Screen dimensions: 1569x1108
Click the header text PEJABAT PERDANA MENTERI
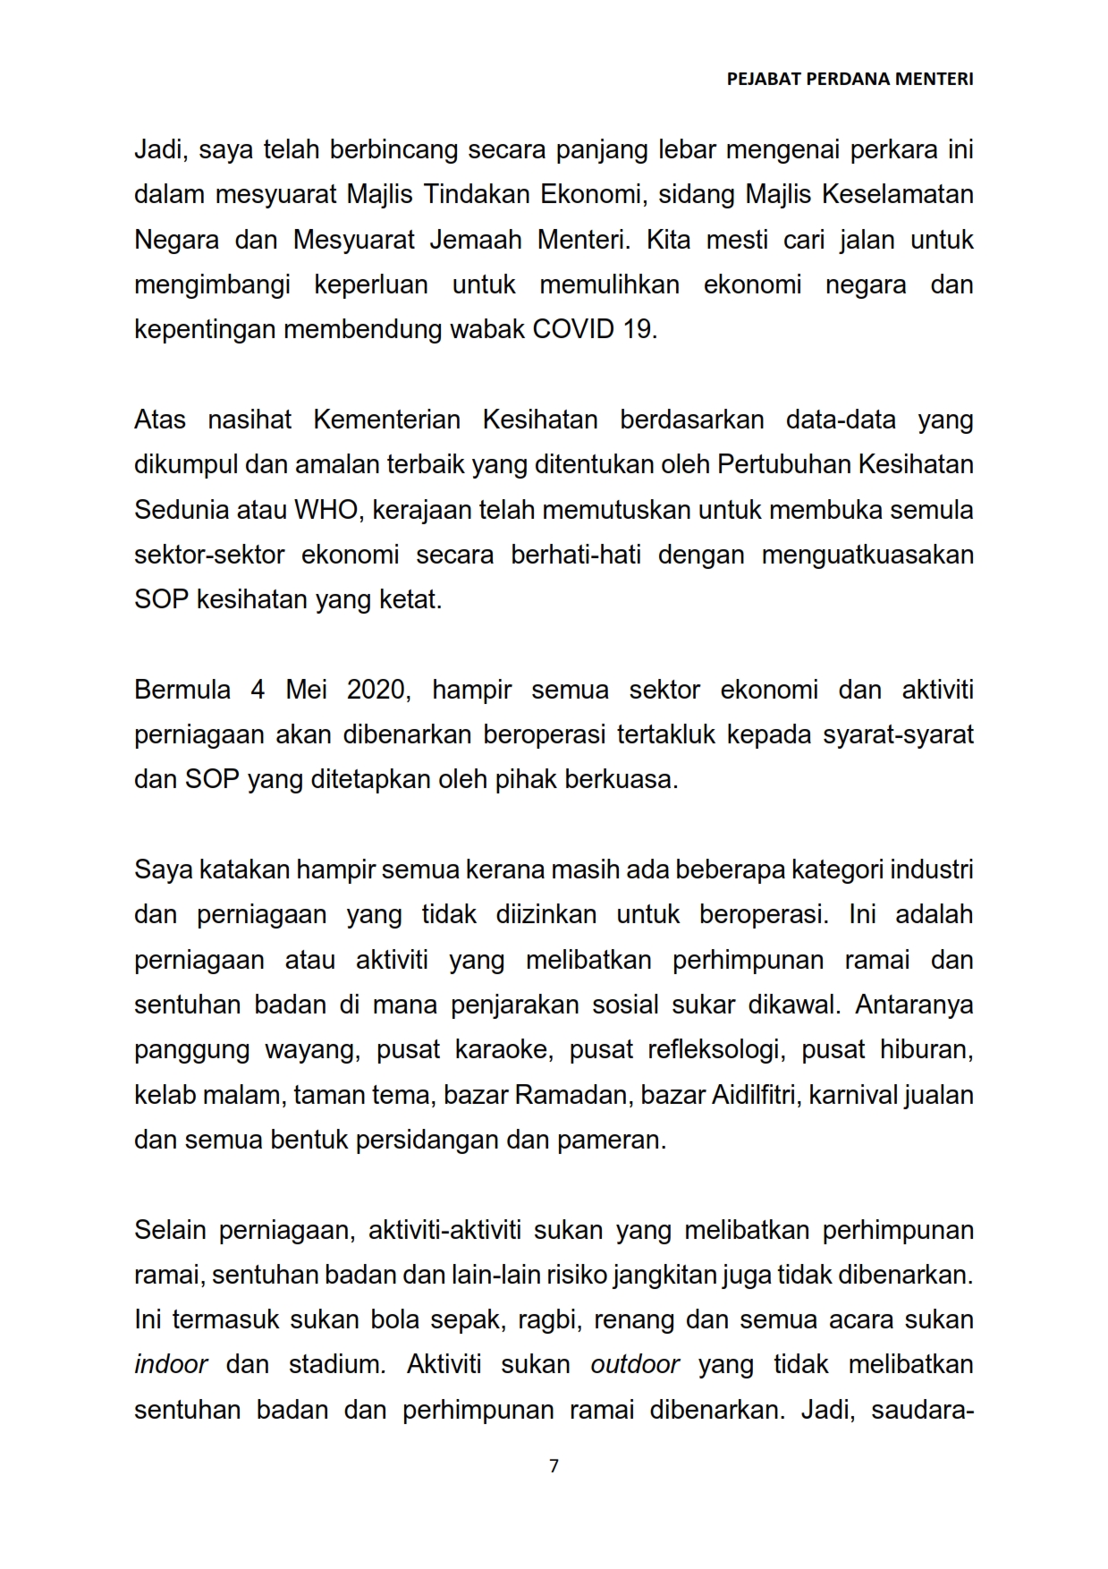tap(850, 79)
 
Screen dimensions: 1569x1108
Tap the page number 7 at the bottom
tap(554, 1465)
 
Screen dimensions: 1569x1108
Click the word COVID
tap(573, 329)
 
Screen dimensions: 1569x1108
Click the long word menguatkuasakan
tap(867, 555)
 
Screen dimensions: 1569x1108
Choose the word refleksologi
tap(714, 1049)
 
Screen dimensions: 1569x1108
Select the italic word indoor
tap(171, 1364)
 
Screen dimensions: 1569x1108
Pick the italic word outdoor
tap(635, 1364)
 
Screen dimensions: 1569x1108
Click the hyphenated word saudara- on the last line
tap(921, 1410)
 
